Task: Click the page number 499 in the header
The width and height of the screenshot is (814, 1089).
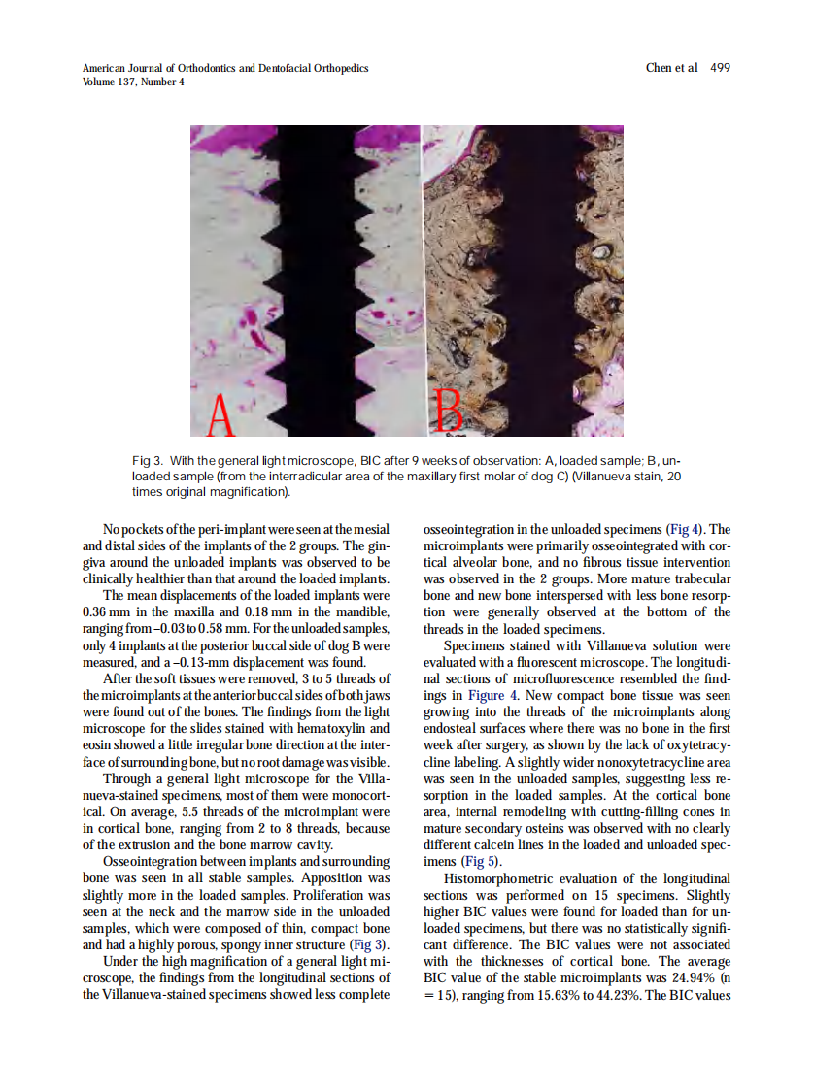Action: tap(720, 68)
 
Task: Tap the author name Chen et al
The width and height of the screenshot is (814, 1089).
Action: tap(671, 68)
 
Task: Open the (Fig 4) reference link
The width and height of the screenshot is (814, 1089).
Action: tap(686, 529)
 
